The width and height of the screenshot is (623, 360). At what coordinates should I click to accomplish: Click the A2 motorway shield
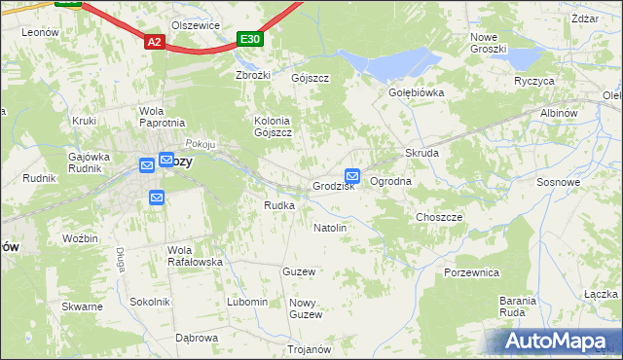pyautogui.click(x=154, y=42)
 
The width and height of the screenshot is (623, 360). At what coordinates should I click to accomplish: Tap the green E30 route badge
pyautogui.click(x=250, y=39)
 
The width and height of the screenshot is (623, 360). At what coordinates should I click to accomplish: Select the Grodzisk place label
pyautogui.click(x=333, y=186)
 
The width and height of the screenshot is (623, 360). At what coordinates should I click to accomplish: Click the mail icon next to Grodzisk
pyautogui.click(x=352, y=177)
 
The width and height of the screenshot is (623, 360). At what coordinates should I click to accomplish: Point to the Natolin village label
pyautogui.click(x=330, y=228)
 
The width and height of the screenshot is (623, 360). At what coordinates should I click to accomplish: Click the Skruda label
pyautogui.click(x=422, y=154)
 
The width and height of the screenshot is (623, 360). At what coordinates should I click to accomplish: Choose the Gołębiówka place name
pyautogui.click(x=417, y=93)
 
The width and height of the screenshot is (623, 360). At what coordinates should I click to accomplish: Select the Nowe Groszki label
pyautogui.click(x=488, y=43)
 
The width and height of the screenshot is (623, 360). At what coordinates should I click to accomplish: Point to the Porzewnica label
pyautogui.click(x=471, y=272)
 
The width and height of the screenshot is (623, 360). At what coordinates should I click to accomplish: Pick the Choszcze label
pyautogui.click(x=439, y=217)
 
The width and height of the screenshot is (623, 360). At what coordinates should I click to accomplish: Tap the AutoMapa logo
pyautogui.click(x=560, y=342)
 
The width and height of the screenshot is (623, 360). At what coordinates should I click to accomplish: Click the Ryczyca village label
pyautogui.click(x=533, y=81)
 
